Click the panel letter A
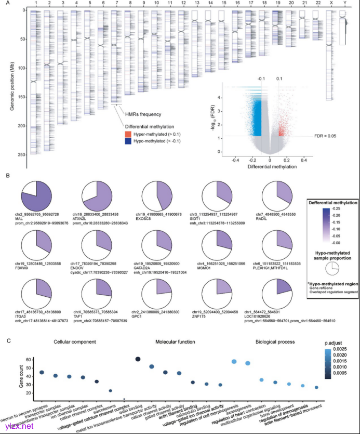pyautogui.click(x=7, y=3)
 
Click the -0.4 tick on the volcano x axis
pyautogui.click(x=236, y=160)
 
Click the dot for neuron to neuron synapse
pyautogui.click(x=42, y=387)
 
